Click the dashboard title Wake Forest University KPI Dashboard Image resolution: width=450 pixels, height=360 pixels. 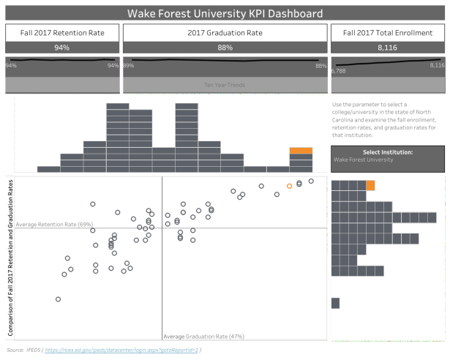(225, 13)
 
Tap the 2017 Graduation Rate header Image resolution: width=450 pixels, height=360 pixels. (225, 33)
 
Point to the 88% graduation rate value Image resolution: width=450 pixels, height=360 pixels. (225, 47)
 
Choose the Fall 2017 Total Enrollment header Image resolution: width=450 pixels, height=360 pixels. (388, 33)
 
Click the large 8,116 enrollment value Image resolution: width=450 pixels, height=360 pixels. (388, 47)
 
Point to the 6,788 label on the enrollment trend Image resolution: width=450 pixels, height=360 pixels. (339, 72)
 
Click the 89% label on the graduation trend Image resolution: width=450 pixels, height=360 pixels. (129, 66)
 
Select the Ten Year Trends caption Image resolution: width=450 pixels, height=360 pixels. (225, 85)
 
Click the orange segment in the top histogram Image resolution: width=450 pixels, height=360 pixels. (301, 151)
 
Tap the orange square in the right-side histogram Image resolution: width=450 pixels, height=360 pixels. (370, 185)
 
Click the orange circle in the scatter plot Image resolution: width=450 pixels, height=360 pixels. (289, 186)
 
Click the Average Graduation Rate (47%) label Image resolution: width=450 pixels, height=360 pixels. (203, 337)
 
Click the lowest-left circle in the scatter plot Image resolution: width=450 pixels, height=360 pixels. (59, 299)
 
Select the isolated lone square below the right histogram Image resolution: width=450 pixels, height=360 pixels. (335, 303)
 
